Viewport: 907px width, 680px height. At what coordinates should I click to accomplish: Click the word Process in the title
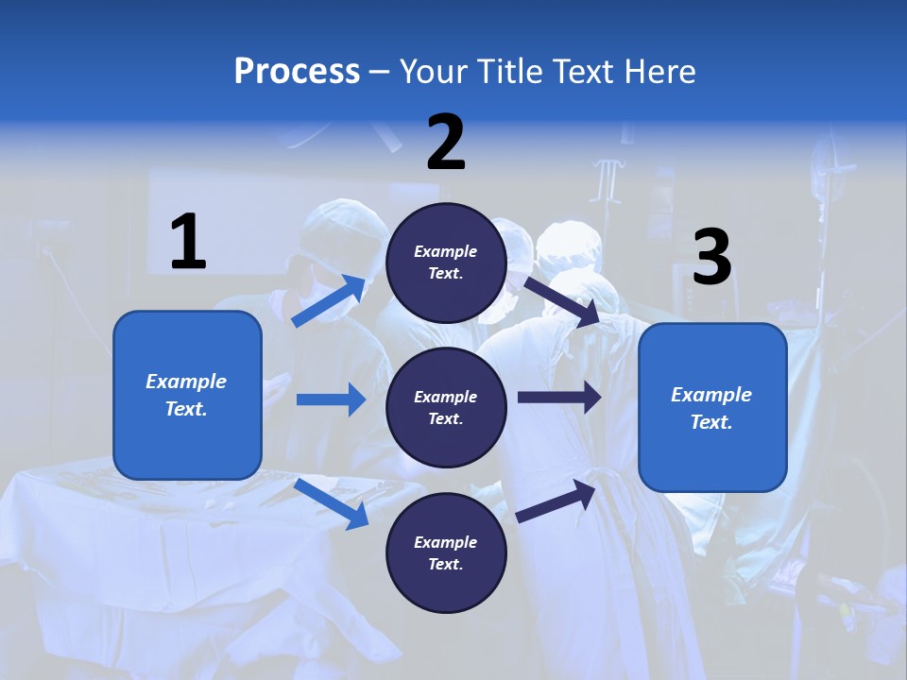click(297, 72)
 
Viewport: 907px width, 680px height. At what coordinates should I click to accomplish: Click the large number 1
click(188, 243)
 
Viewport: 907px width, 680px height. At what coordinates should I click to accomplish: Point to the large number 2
click(446, 143)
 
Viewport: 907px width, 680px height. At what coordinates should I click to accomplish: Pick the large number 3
click(711, 258)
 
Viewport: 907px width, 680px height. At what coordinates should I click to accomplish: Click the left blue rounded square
click(187, 395)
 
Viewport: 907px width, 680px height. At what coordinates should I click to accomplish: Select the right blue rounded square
click(712, 408)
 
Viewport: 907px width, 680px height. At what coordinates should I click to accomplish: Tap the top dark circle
click(446, 263)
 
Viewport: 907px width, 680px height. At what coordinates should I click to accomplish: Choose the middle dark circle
click(446, 408)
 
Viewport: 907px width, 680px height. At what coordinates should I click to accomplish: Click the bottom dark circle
click(446, 553)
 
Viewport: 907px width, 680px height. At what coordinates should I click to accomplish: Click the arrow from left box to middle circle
click(331, 399)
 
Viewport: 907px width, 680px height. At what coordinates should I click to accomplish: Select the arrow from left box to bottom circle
click(332, 503)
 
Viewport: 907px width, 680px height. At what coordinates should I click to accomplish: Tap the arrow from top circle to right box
click(560, 301)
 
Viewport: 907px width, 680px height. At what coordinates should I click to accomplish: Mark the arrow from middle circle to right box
click(558, 398)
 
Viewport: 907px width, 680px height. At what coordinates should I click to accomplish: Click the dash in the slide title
click(380, 72)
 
